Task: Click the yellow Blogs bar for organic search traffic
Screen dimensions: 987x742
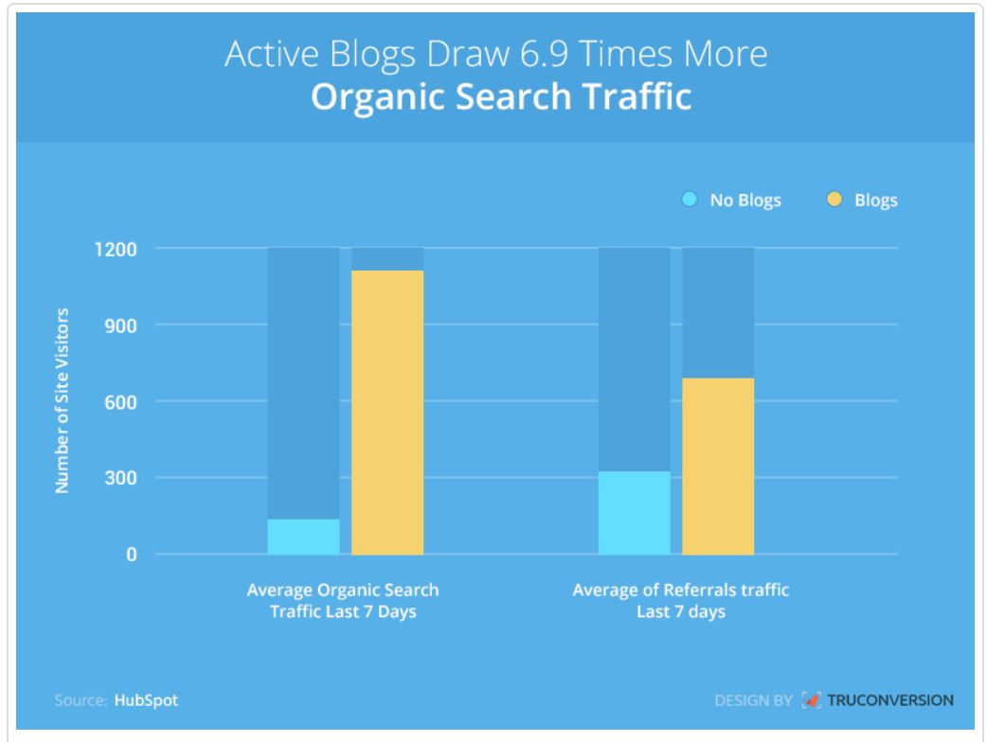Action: pyautogui.click(x=387, y=413)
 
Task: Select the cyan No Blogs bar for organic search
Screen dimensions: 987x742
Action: pyautogui.click(x=303, y=537)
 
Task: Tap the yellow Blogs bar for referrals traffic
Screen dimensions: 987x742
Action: pyautogui.click(x=718, y=466)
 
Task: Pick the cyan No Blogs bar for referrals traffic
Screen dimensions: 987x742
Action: pyautogui.click(x=634, y=513)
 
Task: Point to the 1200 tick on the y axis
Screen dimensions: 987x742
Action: pyautogui.click(x=116, y=250)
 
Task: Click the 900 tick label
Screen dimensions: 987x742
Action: pyautogui.click(x=121, y=326)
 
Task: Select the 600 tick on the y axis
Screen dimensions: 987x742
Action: pyautogui.click(x=121, y=402)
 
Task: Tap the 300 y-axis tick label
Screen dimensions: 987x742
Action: pyautogui.click(x=121, y=478)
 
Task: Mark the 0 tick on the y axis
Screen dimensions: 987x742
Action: pyautogui.click(x=131, y=555)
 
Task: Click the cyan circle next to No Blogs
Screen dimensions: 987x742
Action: pyautogui.click(x=690, y=200)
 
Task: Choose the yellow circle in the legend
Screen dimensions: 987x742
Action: pyautogui.click(x=834, y=200)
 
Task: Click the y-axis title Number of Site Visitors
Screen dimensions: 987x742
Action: pyautogui.click(x=62, y=400)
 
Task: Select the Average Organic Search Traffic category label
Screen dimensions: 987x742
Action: pyautogui.click(x=343, y=601)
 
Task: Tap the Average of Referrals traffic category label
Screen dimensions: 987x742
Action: pyautogui.click(x=680, y=601)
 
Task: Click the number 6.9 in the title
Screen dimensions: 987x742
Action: pyautogui.click(x=543, y=53)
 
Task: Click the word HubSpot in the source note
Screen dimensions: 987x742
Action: pyautogui.click(x=146, y=700)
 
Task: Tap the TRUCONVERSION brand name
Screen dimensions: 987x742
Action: pyautogui.click(x=890, y=699)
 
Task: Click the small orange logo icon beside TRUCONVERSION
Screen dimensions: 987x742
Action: pyautogui.click(x=812, y=699)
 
